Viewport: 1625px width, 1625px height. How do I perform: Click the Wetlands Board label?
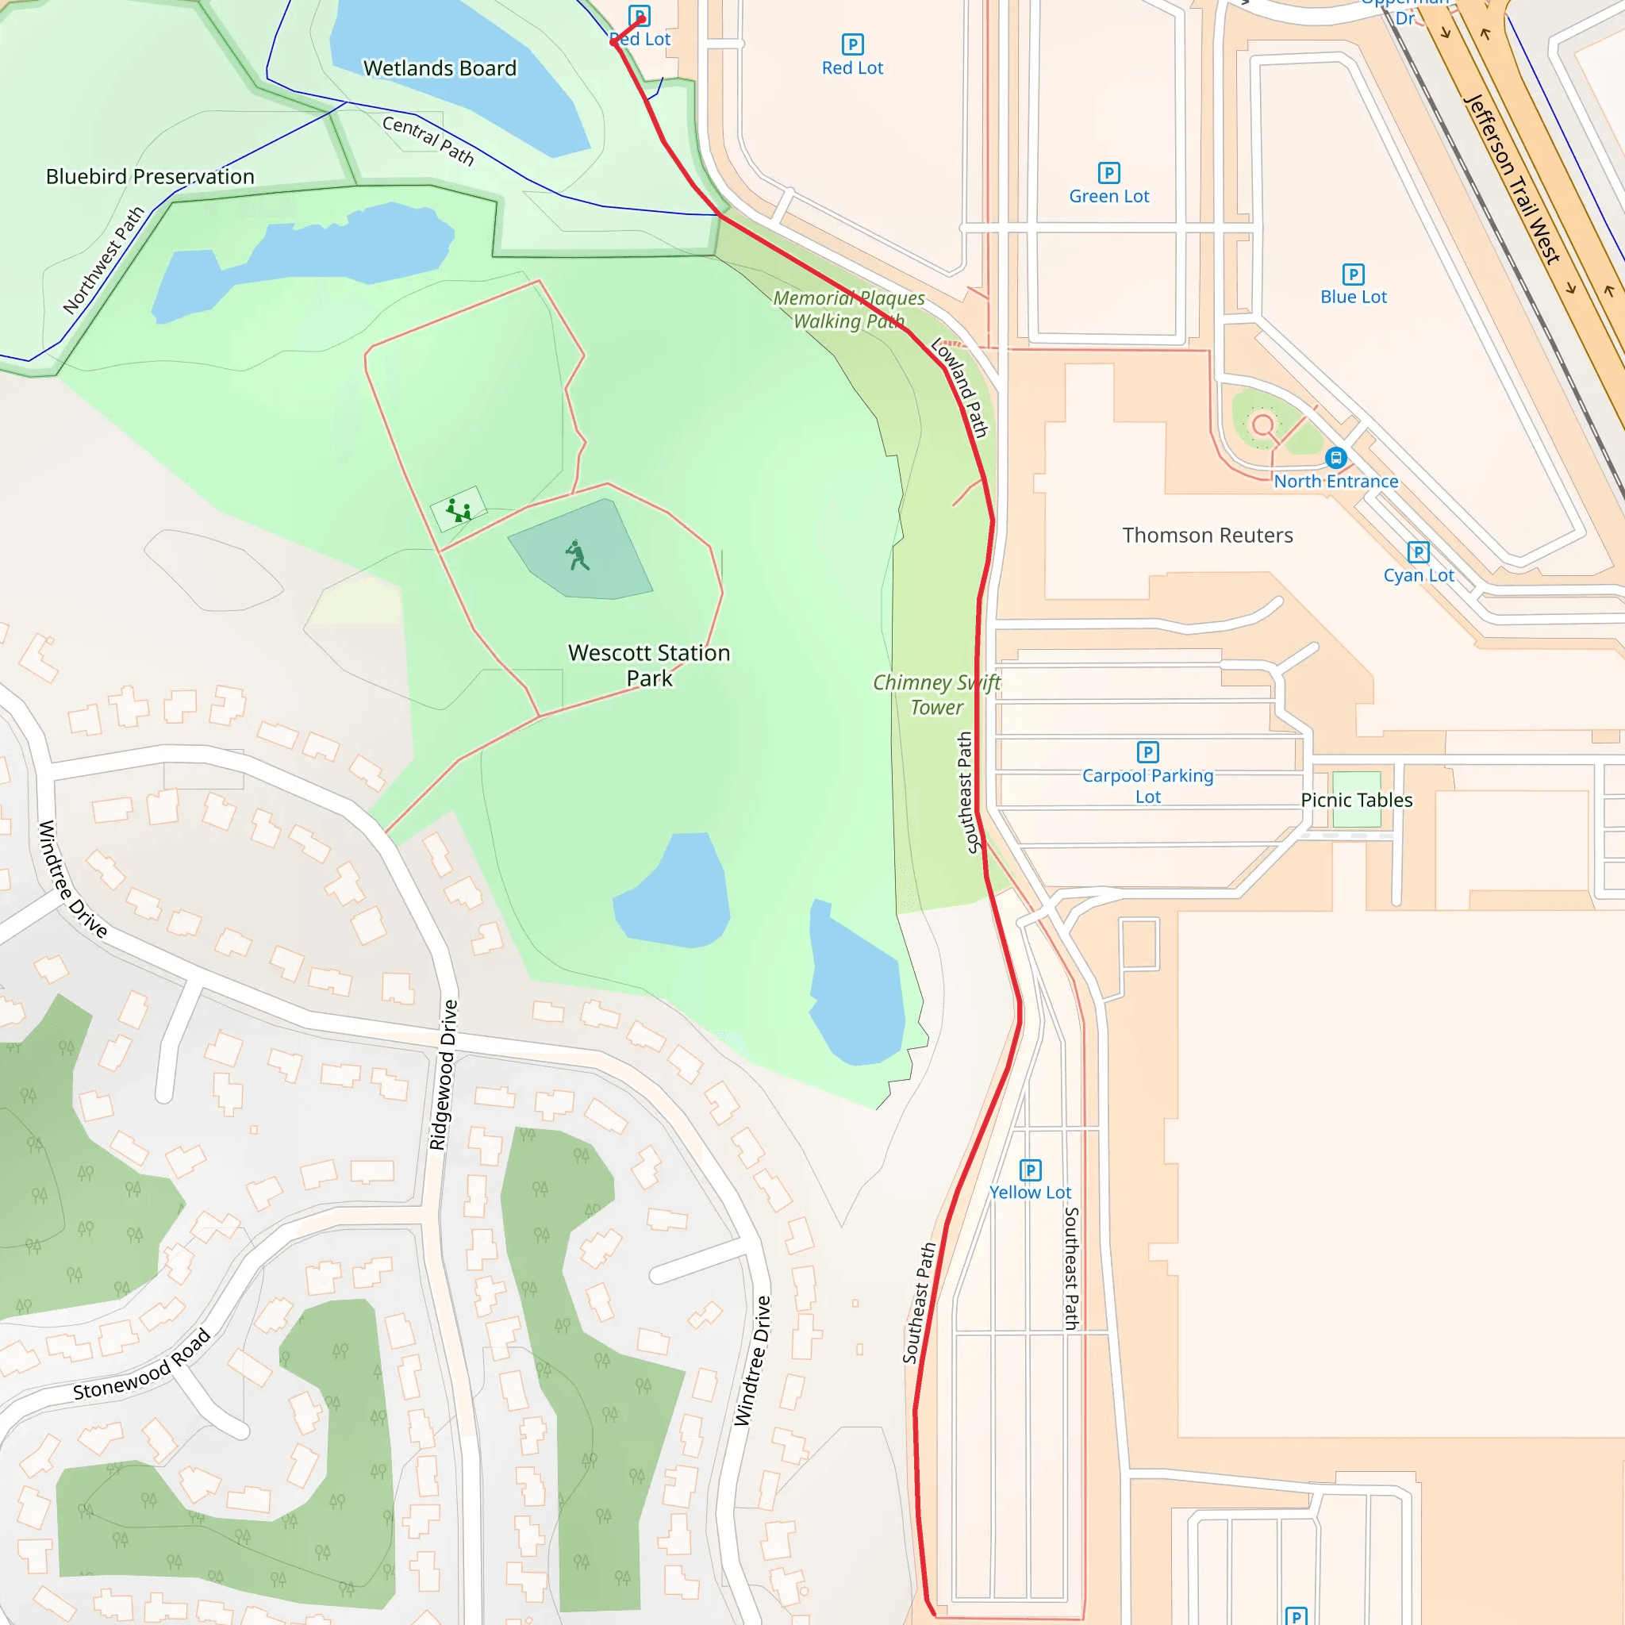click(x=440, y=68)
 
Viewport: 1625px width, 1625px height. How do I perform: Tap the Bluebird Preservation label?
click(x=150, y=177)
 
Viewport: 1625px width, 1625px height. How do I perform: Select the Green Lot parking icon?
click(x=1108, y=173)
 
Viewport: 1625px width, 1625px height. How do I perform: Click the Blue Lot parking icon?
click(x=1353, y=275)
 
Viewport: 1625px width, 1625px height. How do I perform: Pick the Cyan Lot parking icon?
click(x=1418, y=551)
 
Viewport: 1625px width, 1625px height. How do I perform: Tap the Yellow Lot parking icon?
click(x=1031, y=1170)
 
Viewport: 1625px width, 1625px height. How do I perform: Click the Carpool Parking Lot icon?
click(x=1147, y=752)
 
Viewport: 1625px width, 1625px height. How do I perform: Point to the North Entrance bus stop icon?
click(x=1335, y=459)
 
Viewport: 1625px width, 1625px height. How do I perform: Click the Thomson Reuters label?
click(x=1207, y=536)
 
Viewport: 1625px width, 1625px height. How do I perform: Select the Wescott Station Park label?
click(x=648, y=665)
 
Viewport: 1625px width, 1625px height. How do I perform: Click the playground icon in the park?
click(x=459, y=509)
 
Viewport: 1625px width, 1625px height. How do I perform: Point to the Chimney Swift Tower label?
click(x=936, y=695)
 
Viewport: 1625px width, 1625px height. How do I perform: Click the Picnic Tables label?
click(x=1356, y=800)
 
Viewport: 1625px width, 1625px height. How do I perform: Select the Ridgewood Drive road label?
click(x=444, y=1074)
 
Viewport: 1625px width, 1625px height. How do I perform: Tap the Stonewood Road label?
click(x=141, y=1365)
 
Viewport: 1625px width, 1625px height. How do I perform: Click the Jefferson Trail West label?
click(x=1512, y=179)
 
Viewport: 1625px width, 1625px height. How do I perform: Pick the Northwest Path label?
click(x=103, y=261)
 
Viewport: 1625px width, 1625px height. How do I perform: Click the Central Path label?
click(x=428, y=140)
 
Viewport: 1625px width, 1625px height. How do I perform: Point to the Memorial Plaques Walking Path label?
click(x=848, y=309)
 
